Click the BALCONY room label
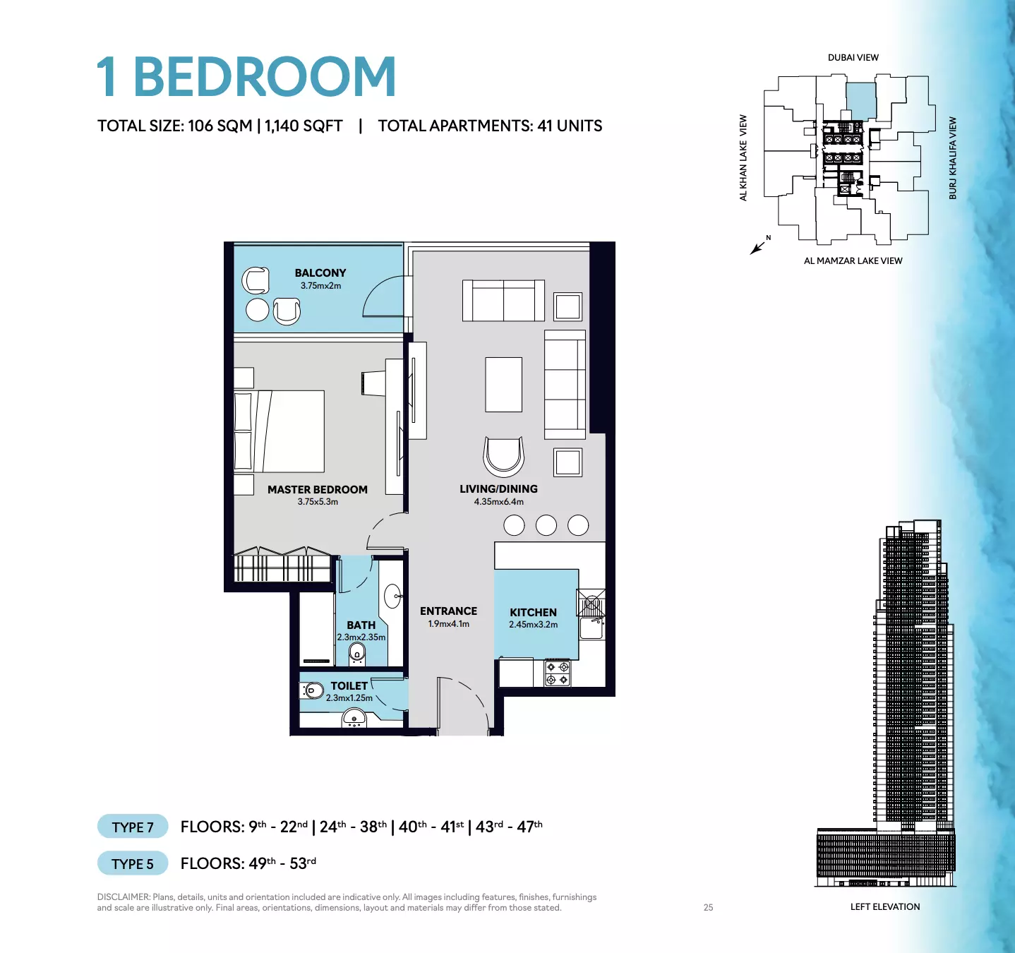click(x=320, y=273)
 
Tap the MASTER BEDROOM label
click(x=318, y=490)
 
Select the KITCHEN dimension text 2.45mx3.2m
click(x=533, y=624)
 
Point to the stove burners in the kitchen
click(x=557, y=673)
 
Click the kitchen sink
click(x=591, y=628)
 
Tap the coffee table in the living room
click(x=503, y=385)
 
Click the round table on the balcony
click(x=257, y=311)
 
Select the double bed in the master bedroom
click(x=279, y=431)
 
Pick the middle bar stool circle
click(x=546, y=525)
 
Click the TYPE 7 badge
click(x=133, y=827)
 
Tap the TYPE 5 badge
click(x=133, y=863)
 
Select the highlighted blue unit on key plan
click(x=860, y=102)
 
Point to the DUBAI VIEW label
click(x=853, y=58)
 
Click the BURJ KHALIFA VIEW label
click(x=953, y=158)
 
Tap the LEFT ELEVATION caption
click(x=884, y=907)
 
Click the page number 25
click(x=708, y=908)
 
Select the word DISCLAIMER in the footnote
click(x=124, y=897)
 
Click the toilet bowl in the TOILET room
click(x=313, y=691)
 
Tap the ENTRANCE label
click(x=448, y=611)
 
